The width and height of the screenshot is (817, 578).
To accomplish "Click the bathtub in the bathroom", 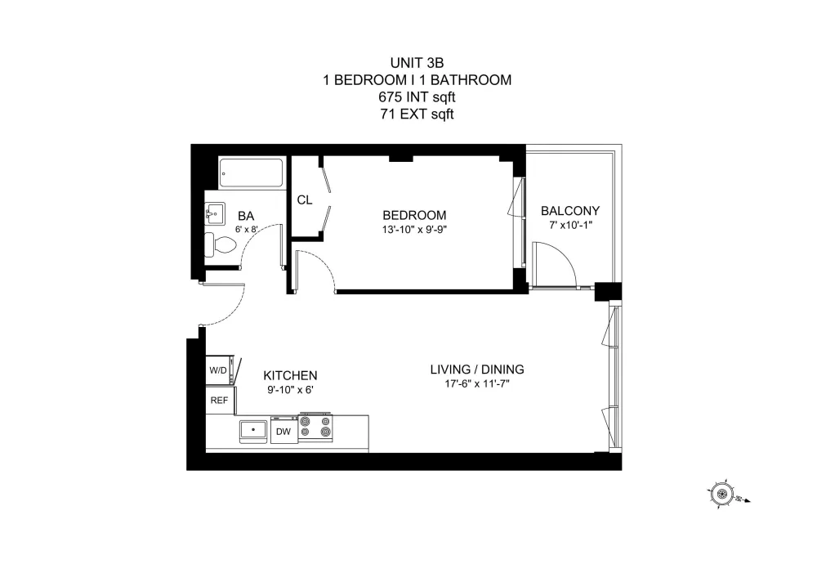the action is pos(251,173).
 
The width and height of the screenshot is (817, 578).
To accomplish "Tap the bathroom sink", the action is pos(214,213).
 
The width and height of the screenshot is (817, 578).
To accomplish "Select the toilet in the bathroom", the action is pos(219,245).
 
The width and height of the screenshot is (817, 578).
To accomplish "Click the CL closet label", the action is pos(305,200).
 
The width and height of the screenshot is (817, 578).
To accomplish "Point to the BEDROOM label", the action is pos(414,215).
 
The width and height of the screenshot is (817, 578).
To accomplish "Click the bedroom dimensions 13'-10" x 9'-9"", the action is pos(414,230).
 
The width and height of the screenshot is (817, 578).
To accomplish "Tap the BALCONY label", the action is pos(570,211).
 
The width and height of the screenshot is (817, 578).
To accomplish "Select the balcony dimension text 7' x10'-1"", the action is pos(570,225).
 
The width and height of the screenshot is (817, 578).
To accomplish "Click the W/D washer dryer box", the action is pos(219,370).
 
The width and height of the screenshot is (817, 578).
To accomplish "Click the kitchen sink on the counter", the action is pos(253,431).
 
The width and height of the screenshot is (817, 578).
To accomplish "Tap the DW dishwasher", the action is pos(284,431).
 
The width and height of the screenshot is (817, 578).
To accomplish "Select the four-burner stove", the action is pos(315,428).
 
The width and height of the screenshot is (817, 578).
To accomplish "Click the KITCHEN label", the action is pos(290,376).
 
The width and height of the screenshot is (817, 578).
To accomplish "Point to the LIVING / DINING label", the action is pos(477,370).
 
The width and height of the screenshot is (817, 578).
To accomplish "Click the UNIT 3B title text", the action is pos(417,63).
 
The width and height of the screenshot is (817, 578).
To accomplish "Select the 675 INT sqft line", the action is pos(417,97).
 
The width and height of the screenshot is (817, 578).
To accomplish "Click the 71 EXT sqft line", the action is pos(417,114).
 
